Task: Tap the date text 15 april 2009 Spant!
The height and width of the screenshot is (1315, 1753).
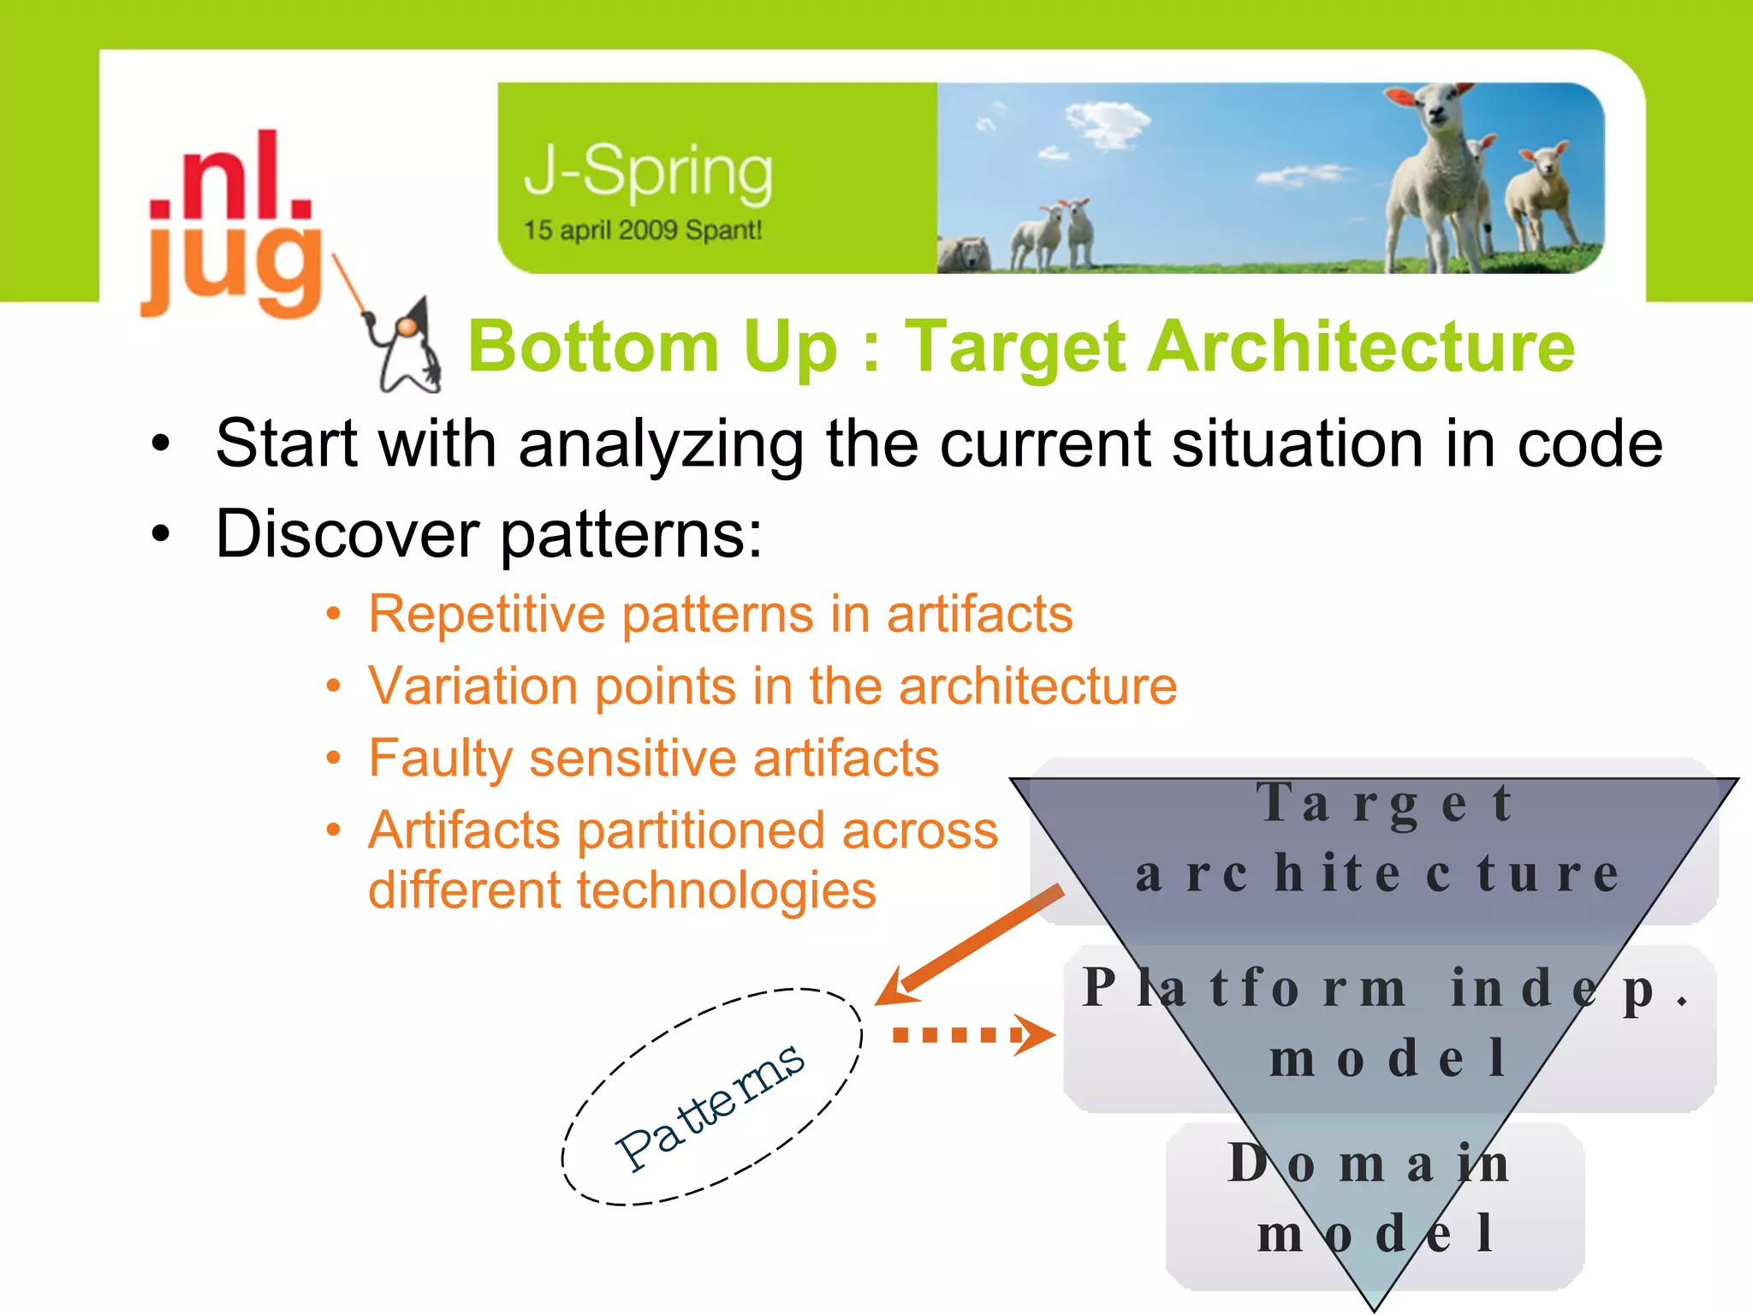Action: click(642, 230)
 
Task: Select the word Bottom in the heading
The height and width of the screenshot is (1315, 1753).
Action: click(592, 347)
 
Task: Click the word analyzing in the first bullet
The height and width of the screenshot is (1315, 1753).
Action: click(661, 445)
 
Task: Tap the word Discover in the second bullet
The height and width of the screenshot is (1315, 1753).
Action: click(347, 534)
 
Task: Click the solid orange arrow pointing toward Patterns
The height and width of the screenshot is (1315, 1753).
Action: click(972, 946)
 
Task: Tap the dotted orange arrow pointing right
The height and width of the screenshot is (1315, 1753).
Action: click(972, 1035)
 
